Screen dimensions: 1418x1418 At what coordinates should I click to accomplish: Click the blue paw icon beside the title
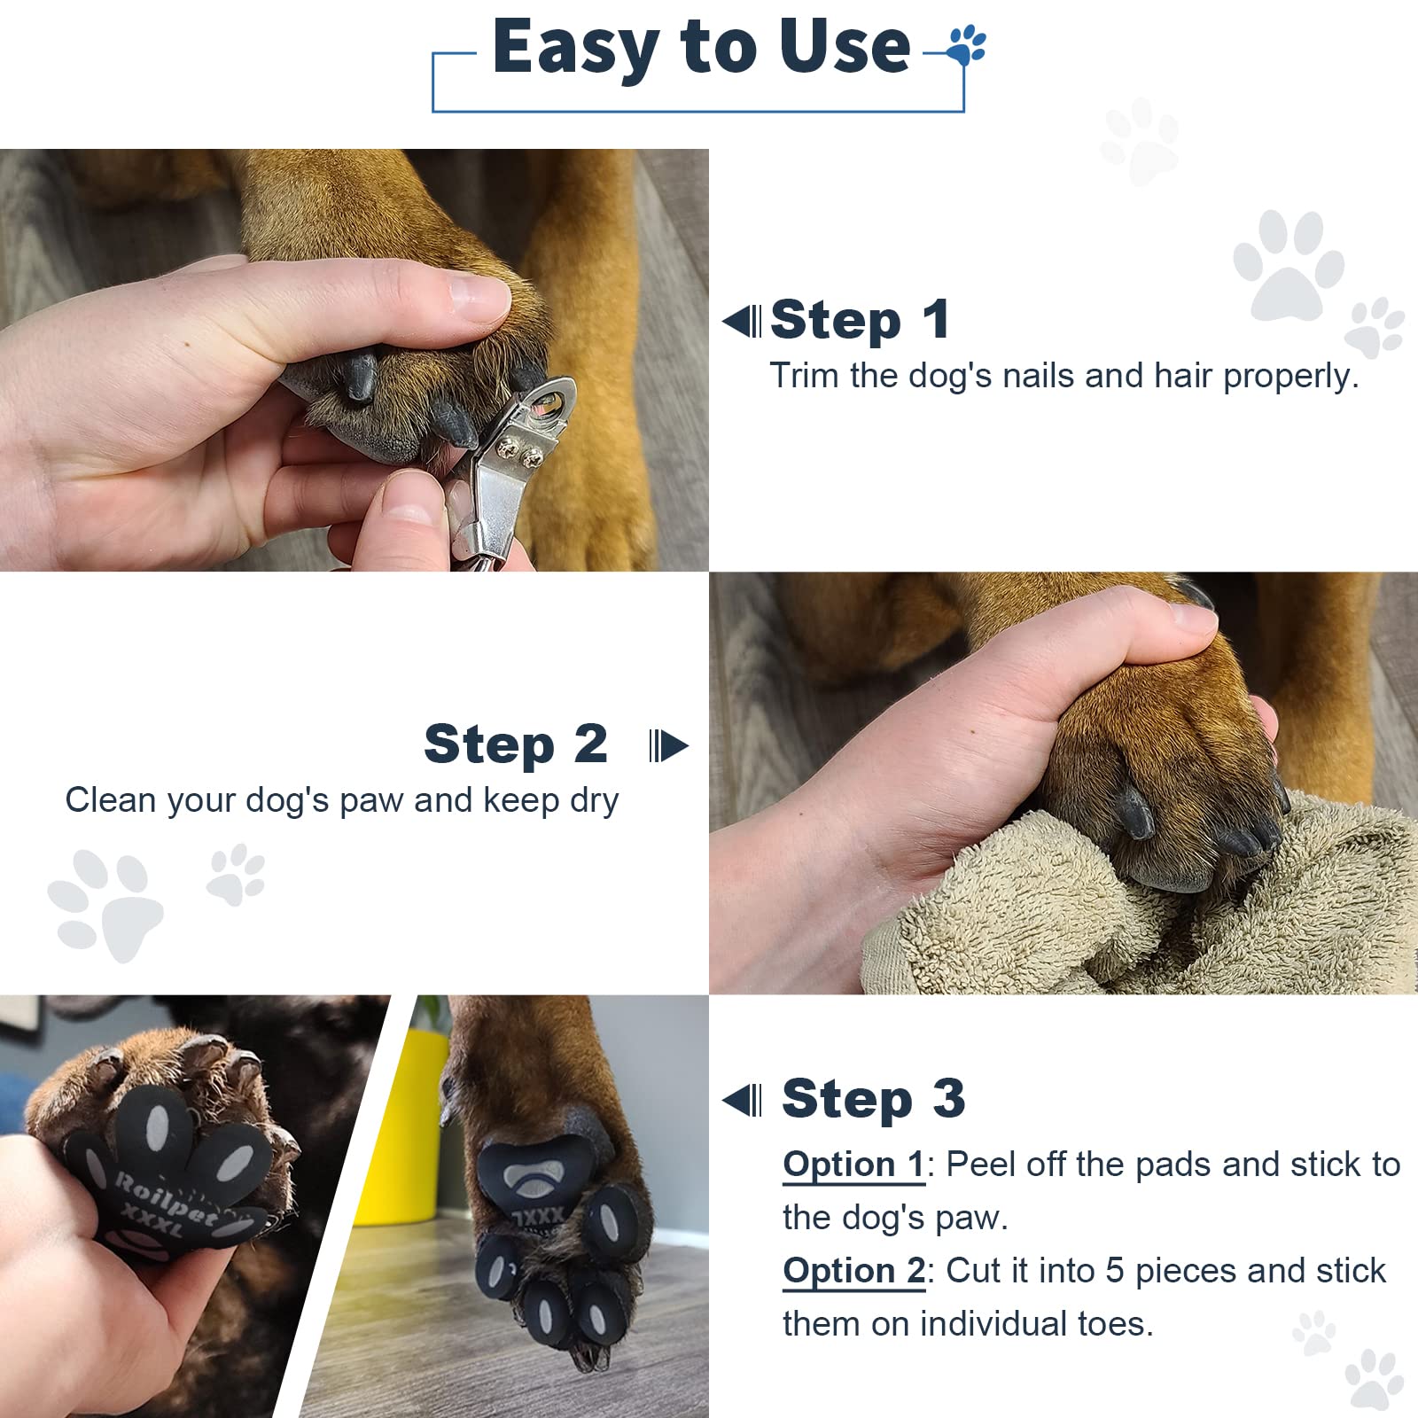(966, 45)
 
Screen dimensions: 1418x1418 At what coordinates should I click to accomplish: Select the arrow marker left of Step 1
(743, 321)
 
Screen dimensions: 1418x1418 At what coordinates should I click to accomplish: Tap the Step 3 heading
(873, 1099)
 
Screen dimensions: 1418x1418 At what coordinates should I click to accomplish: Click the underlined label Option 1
(853, 1164)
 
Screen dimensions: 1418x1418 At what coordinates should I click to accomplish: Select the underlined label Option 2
(853, 1270)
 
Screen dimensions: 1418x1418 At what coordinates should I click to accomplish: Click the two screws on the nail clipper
(520, 454)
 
